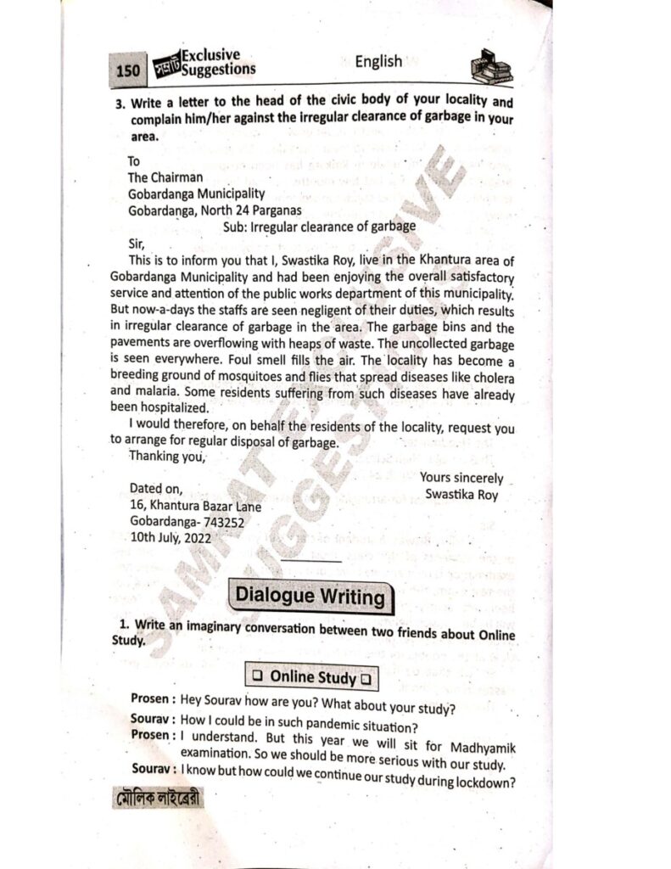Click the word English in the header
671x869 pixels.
[x=378, y=61]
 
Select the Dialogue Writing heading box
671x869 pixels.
[x=310, y=596]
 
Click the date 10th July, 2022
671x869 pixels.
[x=171, y=537]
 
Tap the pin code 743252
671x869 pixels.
[x=219, y=522]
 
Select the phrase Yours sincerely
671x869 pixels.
[x=461, y=479]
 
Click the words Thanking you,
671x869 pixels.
[x=167, y=457]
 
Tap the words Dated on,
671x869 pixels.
[x=155, y=489]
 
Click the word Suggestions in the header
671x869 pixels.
[x=217, y=69]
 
